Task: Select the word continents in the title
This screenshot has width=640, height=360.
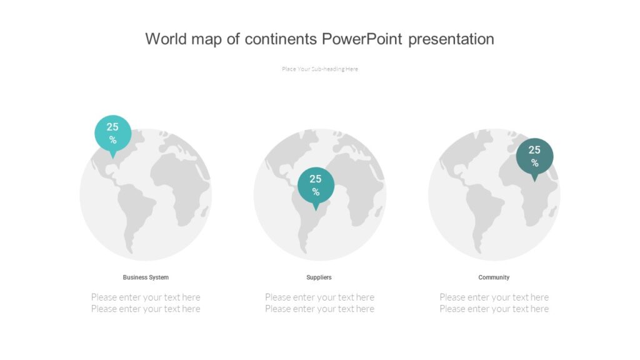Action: (281, 39)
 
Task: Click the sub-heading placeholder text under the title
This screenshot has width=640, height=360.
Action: (320, 69)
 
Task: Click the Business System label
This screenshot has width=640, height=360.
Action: (146, 277)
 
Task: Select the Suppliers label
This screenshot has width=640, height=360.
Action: (319, 277)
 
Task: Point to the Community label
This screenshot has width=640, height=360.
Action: (494, 277)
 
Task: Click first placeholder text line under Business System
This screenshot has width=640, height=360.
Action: (146, 297)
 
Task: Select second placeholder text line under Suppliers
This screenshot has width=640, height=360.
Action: (319, 309)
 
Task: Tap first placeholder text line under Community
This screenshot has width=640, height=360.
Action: (494, 297)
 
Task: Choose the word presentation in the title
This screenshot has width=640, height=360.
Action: (451, 39)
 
